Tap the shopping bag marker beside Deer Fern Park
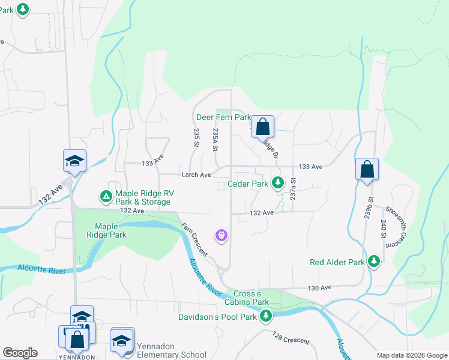pyautogui.click(x=262, y=127)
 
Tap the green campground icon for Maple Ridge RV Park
pyautogui.click(x=106, y=196)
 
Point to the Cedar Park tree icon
pyautogui.click(x=277, y=182)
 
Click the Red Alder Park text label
pyautogui.click(x=337, y=263)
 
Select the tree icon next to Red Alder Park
pyautogui.click(x=374, y=261)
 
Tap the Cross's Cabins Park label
pyautogui.click(x=247, y=298)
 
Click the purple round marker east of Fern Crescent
pyautogui.click(x=222, y=235)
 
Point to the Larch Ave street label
pyautogui.click(x=196, y=175)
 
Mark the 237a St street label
pyautogui.click(x=293, y=188)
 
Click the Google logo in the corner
pyautogui.click(x=20, y=353)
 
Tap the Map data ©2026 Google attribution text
pyautogui.click(x=411, y=355)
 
